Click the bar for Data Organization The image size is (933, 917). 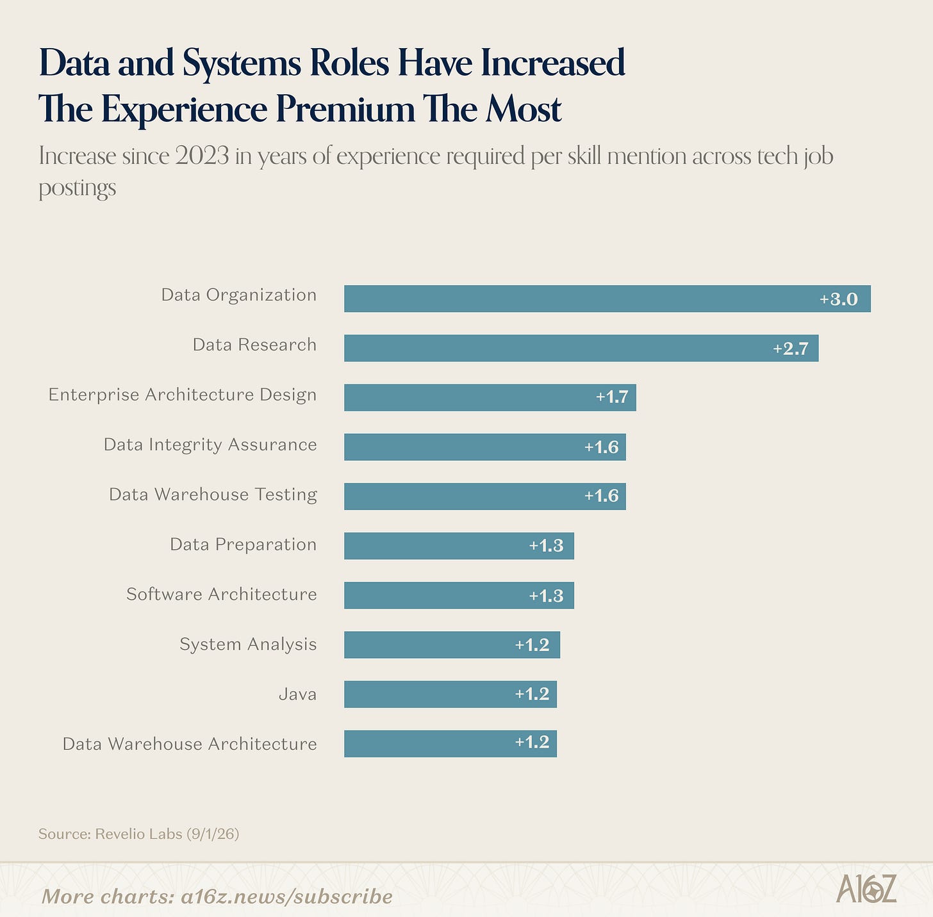coord(607,299)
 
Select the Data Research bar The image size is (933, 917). coord(581,348)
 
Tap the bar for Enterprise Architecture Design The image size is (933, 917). coord(490,398)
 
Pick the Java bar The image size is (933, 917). coord(450,694)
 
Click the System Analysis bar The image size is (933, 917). coord(452,645)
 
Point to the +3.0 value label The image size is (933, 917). coord(839,299)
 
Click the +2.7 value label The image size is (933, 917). coord(790,349)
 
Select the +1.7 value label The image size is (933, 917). coord(612,397)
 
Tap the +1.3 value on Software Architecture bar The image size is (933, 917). coord(546,596)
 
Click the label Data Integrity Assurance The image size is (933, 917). coord(210,445)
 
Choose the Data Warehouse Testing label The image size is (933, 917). coord(213,495)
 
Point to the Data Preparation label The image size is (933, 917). coord(243,545)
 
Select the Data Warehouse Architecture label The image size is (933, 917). coord(190,743)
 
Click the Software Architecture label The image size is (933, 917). coord(222,595)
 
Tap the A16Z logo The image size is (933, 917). coord(866,888)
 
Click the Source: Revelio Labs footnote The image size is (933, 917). coord(139,834)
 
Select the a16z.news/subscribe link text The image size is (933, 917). coord(286,896)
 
